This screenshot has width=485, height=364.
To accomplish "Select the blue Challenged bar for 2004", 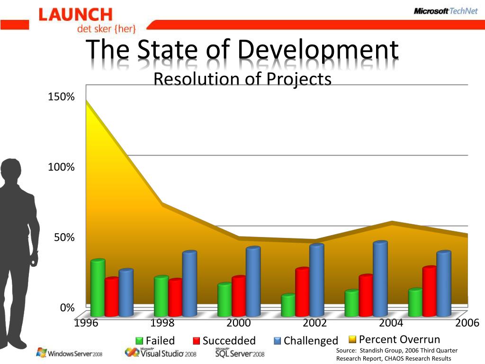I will [x=380, y=279].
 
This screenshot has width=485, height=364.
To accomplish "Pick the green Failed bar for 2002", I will [x=288, y=306].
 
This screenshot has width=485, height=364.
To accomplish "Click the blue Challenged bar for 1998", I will [x=189, y=284].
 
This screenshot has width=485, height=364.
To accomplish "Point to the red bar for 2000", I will [x=239, y=296].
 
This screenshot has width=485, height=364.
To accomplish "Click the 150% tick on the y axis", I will [x=61, y=97].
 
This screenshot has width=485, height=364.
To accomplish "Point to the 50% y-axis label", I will [x=63, y=237].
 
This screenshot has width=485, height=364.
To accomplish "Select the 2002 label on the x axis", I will [x=314, y=323].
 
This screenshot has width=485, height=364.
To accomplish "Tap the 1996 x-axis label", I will [x=86, y=323].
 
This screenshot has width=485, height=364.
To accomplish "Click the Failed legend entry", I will [x=155, y=340].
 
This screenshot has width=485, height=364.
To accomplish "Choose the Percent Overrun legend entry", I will [x=395, y=339].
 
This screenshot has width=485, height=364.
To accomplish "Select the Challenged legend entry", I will [x=306, y=340].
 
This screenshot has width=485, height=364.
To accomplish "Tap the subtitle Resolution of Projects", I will [x=242, y=79].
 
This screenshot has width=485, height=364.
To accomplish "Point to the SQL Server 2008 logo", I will [x=240, y=353].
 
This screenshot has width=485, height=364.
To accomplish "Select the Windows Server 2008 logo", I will [x=69, y=353].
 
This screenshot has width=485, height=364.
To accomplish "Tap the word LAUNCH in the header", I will [x=75, y=15].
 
